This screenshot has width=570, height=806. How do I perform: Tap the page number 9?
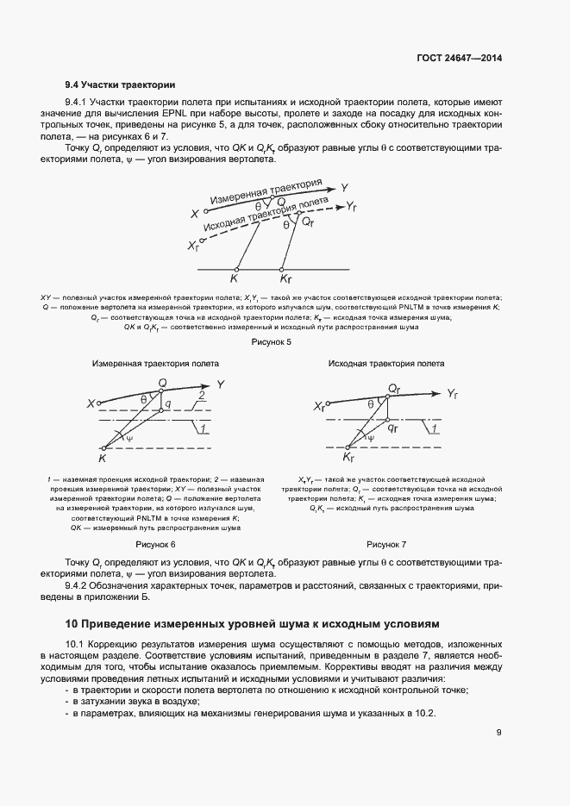tap(498, 733)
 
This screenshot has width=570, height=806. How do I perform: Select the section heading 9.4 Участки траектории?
tap(121, 84)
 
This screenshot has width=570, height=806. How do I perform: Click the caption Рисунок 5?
tap(271, 342)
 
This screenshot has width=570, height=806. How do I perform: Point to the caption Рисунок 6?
tap(155, 545)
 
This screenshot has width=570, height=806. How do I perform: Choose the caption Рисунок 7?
tap(386, 545)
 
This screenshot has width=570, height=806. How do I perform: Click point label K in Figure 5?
tap(234, 279)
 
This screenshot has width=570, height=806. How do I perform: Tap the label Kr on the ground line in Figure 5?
tap(286, 279)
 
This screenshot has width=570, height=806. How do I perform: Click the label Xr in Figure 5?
tap(192, 246)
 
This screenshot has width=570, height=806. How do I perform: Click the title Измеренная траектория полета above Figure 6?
tap(155, 364)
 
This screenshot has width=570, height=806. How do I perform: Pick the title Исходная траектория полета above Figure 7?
tap(386, 364)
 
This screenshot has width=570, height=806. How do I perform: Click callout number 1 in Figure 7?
tap(435, 428)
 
